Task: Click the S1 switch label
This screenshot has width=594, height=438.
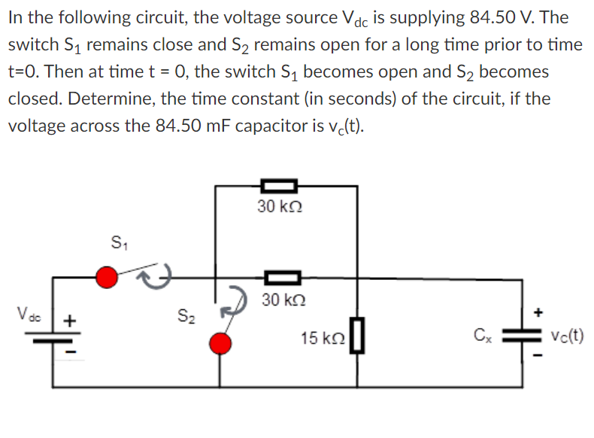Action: click(119, 244)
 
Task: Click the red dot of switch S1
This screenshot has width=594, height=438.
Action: click(108, 277)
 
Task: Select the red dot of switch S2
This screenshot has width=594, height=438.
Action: click(220, 344)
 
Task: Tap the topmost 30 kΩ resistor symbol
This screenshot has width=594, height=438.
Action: click(279, 183)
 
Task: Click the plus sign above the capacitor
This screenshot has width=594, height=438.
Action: click(537, 311)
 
